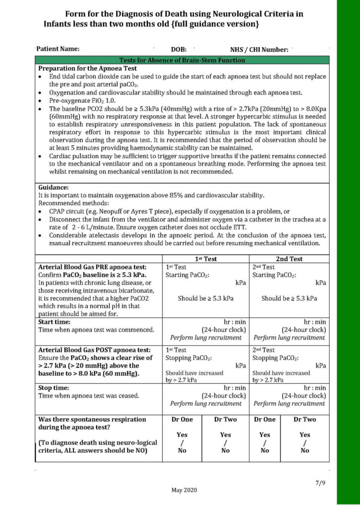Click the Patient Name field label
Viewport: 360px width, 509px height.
coord(58,49)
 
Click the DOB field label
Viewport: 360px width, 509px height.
coord(179,49)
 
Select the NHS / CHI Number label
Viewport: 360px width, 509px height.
coord(259,49)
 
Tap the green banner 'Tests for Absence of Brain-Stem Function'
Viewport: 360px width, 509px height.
coord(182,60)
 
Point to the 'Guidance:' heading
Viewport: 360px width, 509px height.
coord(53,187)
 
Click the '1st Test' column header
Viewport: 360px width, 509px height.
coord(205,258)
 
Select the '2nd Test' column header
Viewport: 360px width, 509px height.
coord(289,258)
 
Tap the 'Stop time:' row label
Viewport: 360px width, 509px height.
coord(53,387)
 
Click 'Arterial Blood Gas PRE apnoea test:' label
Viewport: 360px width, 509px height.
coord(92,267)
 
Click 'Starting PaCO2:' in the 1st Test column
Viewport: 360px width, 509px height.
coord(187,275)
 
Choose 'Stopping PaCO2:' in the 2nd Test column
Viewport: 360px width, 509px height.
coord(274,357)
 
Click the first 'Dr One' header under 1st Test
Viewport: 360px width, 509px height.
coord(182,419)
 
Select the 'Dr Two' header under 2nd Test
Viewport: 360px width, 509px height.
coord(304,419)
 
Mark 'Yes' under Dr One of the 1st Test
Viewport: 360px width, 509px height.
coord(182,434)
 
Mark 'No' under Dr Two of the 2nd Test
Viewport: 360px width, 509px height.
coord(304,450)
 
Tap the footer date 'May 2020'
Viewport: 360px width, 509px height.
coord(184,490)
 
